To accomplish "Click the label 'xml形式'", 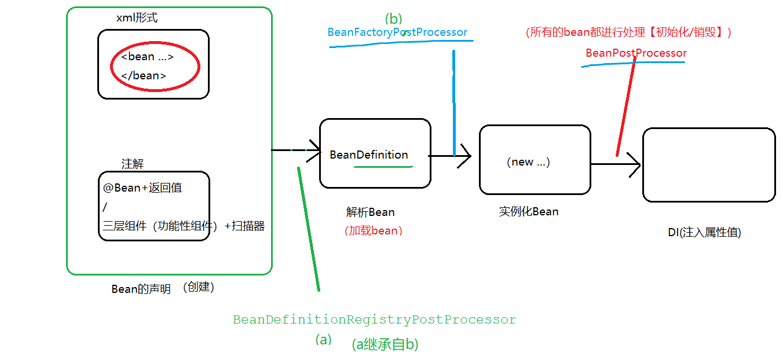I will [x=137, y=18].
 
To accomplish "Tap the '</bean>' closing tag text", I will [x=144, y=76].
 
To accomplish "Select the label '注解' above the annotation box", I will [x=132, y=164].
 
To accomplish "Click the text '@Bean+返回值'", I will [x=143, y=188].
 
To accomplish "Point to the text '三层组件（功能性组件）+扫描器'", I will [x=184, y=226].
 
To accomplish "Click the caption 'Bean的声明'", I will [x=141, y=289].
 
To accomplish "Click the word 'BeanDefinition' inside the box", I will [x=369, y=155].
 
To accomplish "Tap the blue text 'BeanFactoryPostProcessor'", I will [x=397, y=32].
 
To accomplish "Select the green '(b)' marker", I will [x=393, y=19].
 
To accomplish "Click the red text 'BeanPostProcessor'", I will [x=636, y=53].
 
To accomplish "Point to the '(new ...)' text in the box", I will [x=528, y=162].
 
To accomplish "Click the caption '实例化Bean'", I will [x=529, y=211].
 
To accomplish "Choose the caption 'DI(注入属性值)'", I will [x=704, y=233].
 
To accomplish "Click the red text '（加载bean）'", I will [x=374, y=231].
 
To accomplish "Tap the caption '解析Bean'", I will [x=370, y=212].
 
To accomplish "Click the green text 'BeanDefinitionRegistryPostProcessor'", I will [x=374, y=319].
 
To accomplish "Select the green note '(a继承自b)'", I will [x=385, y=344].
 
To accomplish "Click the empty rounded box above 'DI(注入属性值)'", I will [x=708, y=165].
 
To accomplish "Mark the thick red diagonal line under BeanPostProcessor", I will [x=626, y=107].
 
